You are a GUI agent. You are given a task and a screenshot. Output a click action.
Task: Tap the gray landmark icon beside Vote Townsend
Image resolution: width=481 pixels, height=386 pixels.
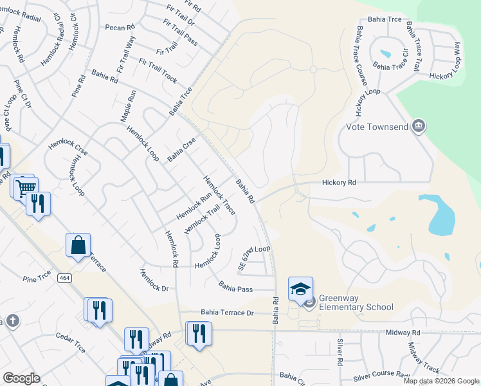tap(419, 125)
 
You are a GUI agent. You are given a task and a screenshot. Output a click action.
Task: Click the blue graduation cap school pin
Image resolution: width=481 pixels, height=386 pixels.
tap(300, 289)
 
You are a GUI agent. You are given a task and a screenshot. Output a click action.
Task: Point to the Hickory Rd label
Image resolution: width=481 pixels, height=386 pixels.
tap(339, 183)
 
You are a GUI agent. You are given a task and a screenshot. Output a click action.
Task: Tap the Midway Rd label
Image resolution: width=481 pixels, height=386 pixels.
tap(403, 333)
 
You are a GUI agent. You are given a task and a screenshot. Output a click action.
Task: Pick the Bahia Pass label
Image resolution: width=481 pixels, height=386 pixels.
tap(235, 286)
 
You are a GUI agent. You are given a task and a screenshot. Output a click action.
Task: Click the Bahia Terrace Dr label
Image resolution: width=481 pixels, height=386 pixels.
tap(228, 313)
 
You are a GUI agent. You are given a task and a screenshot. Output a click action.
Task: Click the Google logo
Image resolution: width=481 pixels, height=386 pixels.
tap(21, 378)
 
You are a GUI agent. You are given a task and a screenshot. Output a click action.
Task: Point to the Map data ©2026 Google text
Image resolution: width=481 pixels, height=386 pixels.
tap(441, 381)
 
